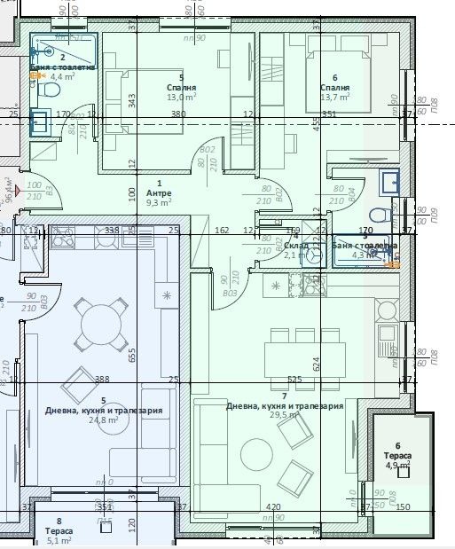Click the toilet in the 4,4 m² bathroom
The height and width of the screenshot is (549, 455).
coord(51,90)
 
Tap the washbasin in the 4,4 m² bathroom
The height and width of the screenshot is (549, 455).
coord(41,122)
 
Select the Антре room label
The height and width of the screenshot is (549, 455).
coord(159,192)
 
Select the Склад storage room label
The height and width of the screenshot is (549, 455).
coord(295,245)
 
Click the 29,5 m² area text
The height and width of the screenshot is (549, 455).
coord(283,415)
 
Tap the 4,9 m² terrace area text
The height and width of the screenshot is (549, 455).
coord(397,464)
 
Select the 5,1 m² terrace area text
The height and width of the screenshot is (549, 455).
coord(59,540)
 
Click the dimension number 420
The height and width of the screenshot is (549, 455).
coord(274,507)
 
